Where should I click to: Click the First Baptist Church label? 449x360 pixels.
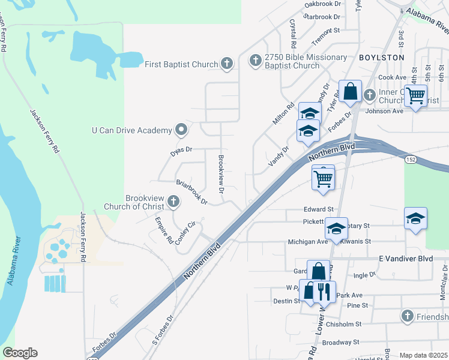(x=181, y=63)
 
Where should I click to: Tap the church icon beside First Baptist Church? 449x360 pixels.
(x=226, y=62)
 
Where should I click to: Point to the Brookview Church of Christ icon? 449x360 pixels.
(x=173, y=202)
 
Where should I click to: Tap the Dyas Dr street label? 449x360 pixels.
(x=181, y=150)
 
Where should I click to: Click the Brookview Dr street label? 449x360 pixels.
(x=221, y=174)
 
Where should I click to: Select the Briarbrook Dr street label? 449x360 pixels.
(x=191, y=190)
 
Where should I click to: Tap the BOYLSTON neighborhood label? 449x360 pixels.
(x=381, y=57)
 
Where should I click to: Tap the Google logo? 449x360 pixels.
(x=20, y=353)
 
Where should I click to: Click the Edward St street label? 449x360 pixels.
(x=318, y=209)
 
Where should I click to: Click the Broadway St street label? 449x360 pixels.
(x=340, y=342)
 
